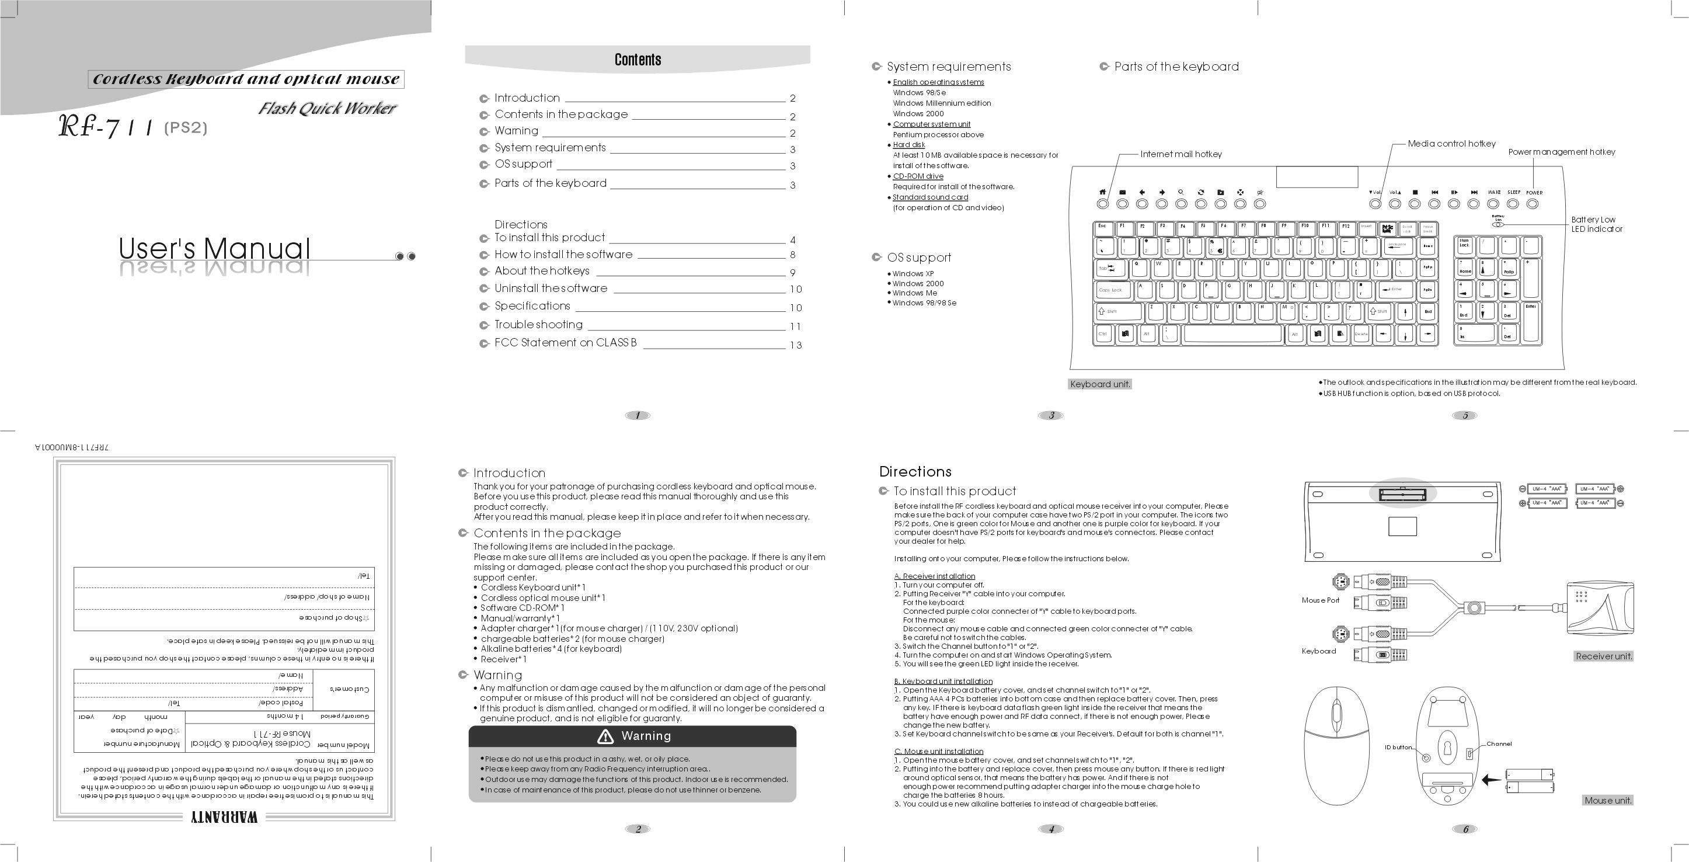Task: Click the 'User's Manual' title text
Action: [214, 249]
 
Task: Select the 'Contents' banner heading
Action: [638, 60]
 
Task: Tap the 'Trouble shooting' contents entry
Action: [538, 325]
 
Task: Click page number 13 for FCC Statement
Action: [795, 345]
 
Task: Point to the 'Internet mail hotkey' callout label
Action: [1181, 154]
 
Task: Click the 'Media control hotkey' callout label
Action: [1451, 144]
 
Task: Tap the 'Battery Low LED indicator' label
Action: [1597, 224]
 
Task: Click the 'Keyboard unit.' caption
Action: [1100, 384]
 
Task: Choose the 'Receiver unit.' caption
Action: [1604, 656]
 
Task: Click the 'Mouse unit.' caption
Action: [1608, 800]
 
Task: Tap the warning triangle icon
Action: [605, 736]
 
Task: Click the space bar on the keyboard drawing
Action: [1232, 334]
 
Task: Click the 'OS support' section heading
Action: [918, 258]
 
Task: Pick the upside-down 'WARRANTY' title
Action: [224, 818]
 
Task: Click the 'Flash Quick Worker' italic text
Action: [327, 108]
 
